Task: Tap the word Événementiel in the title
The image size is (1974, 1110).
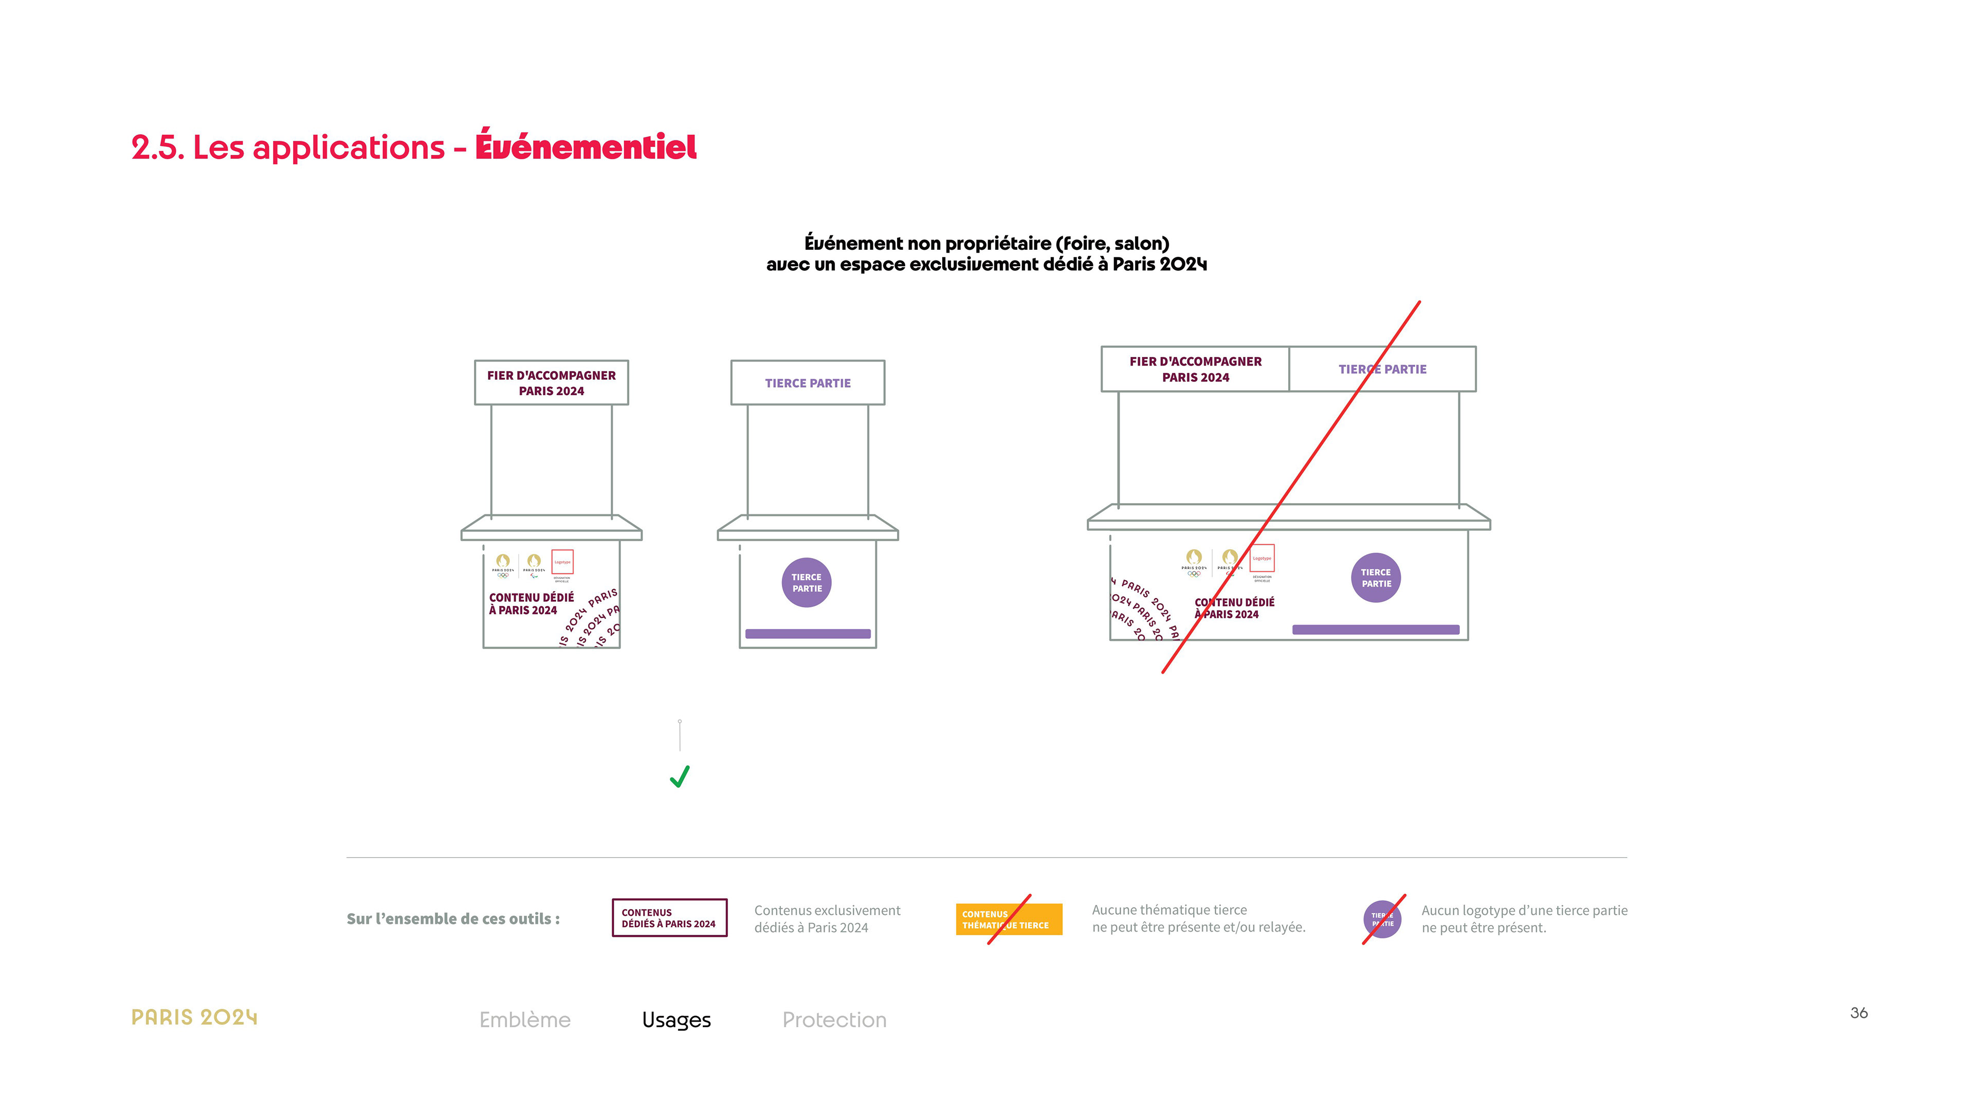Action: coord(586,146)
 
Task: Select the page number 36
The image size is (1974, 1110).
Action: coord(1858,1013)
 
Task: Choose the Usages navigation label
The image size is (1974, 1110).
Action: coord(676,1020)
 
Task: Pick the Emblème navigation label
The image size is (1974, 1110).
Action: coord(525,1020)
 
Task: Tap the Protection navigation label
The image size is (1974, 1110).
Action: coord(834,1020)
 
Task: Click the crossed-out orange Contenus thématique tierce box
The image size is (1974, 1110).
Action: coord(1009,919)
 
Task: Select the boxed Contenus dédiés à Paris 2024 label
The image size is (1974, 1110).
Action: coord(669,918)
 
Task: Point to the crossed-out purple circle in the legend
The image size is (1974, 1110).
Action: coord(1382,919)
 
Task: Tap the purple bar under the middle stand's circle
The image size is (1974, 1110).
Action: coord(808,634)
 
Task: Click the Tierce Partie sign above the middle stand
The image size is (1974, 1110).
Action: coord(808,383)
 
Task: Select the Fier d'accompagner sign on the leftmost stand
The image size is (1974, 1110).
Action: coord(551,383)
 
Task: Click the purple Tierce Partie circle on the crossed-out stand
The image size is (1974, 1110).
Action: coord(1376,578)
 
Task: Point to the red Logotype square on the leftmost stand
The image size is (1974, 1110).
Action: coord(562,562)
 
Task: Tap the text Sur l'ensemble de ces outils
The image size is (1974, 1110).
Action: coord(453,918)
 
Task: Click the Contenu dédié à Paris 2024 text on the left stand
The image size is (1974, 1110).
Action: coord(531,604)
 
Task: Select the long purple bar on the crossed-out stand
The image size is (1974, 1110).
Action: coord(1376,630)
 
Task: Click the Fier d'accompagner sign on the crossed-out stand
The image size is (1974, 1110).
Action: coord(1195,369)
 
